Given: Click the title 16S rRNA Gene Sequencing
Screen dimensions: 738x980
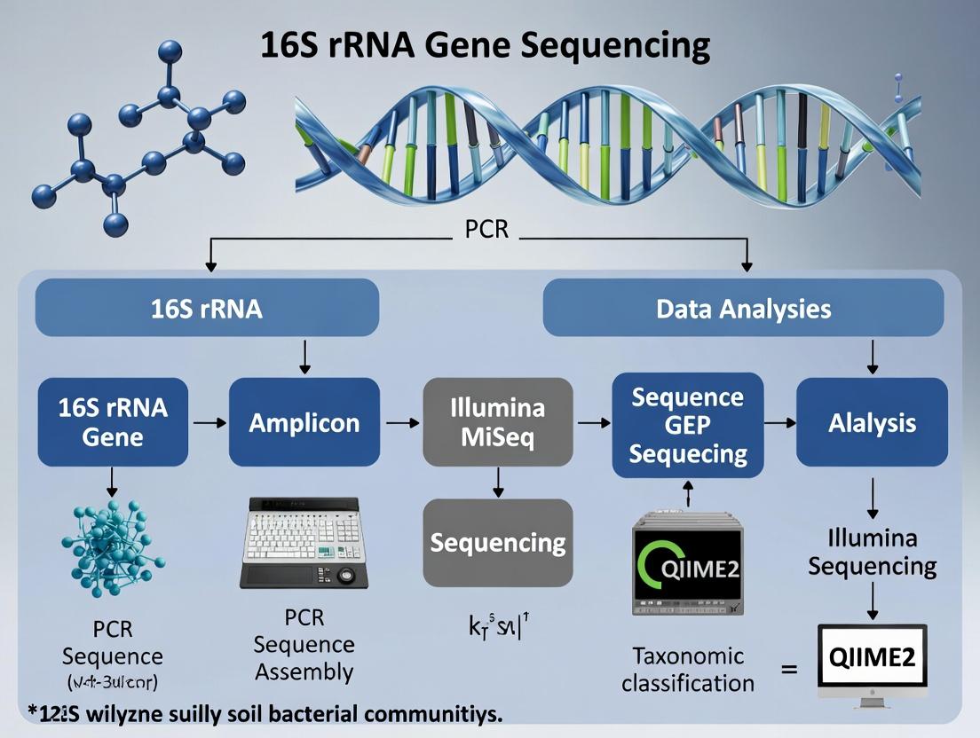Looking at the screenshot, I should [x=486, y=45].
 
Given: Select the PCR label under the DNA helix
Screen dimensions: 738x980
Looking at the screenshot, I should [x=486, y=229].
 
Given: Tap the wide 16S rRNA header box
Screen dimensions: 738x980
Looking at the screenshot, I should [x=207, y=309].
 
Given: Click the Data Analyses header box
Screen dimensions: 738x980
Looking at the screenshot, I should [x=743, y=309].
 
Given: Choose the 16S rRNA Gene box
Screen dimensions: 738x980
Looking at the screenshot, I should [x=113, y=422].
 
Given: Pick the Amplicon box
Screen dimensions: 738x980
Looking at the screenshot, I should [x=304, y=422].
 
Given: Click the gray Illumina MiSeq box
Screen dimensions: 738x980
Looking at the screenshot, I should [x=497, y=422].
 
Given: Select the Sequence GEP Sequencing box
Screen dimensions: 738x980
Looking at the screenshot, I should [x=688, y=425].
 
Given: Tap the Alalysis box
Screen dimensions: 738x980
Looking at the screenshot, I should [x=872, y=422].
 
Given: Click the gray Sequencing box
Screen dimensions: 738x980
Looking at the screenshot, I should [x=497, y=542].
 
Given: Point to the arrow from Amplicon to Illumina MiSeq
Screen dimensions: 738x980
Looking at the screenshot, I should [x=402, y=423].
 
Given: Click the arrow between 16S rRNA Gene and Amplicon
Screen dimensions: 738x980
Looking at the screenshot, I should [x=209, y=423].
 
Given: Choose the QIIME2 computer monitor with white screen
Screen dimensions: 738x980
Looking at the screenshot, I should [x=872, y=661].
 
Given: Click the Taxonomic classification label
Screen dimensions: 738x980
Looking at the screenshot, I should [x=688, y=670].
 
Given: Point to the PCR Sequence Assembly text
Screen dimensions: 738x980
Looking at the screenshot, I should [x=304, y=645].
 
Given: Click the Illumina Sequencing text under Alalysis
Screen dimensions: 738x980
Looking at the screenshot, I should [x=872, y=552].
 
